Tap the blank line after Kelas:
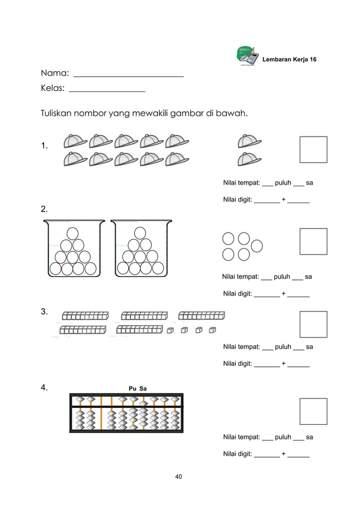107,89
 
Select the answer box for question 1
313,150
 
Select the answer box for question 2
313,242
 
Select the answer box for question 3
313,324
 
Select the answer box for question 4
313,411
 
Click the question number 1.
44,147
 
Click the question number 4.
44,388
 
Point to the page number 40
179,477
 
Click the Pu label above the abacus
133,388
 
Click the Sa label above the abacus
143,388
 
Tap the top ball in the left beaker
73,232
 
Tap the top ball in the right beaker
139,232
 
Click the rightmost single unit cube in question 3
213,330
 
